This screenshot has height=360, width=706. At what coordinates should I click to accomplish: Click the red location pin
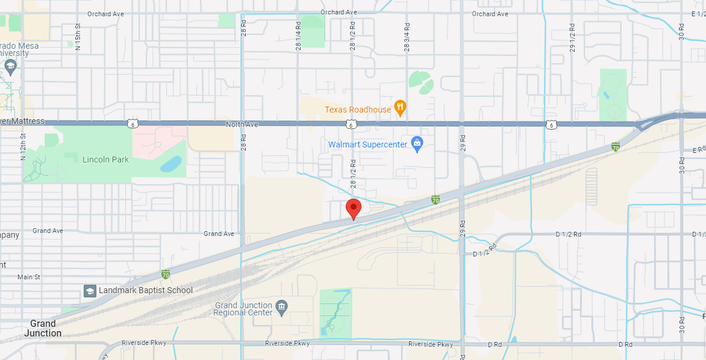(x=353, y=208)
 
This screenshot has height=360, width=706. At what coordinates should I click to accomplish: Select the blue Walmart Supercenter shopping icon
(x=416, y=143)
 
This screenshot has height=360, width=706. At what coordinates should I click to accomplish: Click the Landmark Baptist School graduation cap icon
(x=90, y=291)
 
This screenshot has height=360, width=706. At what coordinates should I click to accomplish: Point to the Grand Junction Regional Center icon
(x=281, y=308)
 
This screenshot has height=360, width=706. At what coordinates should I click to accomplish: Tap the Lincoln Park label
(x=105, y=160)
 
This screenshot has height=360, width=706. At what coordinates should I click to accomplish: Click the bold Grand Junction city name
(x=43, y=329)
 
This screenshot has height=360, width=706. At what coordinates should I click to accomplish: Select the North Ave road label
(x=242, y=125)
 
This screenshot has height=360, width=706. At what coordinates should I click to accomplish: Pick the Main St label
(x=28, y=277)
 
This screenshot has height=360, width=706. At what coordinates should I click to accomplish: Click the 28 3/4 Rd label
(x=407, y=37)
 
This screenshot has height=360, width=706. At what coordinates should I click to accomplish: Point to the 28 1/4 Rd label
(x=298, y=37)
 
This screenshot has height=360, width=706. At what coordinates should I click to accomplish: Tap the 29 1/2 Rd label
(x=572, y=38)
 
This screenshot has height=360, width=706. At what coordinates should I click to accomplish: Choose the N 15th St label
(x=78, y=37)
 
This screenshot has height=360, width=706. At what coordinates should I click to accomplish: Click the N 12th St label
(x=23, y=147)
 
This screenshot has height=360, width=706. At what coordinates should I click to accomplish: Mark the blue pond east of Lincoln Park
(x=170, y=164)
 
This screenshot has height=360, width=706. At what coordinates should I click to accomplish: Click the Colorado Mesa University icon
(x=10, y=65)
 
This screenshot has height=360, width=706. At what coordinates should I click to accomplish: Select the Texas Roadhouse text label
(x=358, y=110)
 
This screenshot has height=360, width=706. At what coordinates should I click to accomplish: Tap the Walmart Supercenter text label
(x=367, y=144)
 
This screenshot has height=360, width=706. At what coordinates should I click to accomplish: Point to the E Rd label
(x=699, y=149)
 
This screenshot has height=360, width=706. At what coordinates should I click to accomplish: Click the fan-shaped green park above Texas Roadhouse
(x=420, y=82)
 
